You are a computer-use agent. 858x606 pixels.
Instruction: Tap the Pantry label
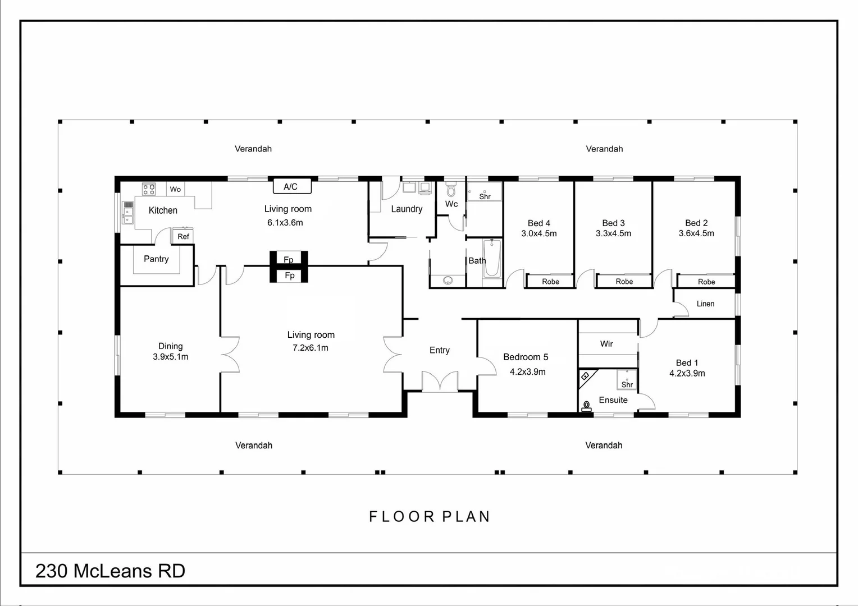click(156, 259)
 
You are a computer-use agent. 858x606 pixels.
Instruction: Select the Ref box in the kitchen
click(183, 236)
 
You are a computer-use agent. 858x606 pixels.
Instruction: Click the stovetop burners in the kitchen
click(149, 189)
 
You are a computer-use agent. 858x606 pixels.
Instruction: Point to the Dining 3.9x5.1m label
click(170, 351)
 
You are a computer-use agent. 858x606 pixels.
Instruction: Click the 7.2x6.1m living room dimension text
click(311, 348)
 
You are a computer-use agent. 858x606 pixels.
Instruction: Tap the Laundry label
click(407, 209)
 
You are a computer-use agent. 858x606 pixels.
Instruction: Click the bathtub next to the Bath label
click(492, 259)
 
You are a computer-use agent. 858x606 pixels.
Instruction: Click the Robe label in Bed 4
click(550, 281)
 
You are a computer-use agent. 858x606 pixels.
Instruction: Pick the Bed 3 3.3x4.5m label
click(613, 228)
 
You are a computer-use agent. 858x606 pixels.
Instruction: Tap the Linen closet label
click(705, 304)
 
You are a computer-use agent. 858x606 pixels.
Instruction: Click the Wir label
click(606, 343)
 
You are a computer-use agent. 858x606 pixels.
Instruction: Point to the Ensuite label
click(613, 400)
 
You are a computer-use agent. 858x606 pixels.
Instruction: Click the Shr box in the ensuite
click(626, 380)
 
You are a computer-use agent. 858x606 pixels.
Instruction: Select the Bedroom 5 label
click(526, 357)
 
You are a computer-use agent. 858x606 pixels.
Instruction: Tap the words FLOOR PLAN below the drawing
click(430, 516)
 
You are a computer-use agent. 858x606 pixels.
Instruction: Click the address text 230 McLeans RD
click(110, 571)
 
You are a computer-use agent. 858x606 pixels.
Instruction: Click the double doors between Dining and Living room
click(230, 354)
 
